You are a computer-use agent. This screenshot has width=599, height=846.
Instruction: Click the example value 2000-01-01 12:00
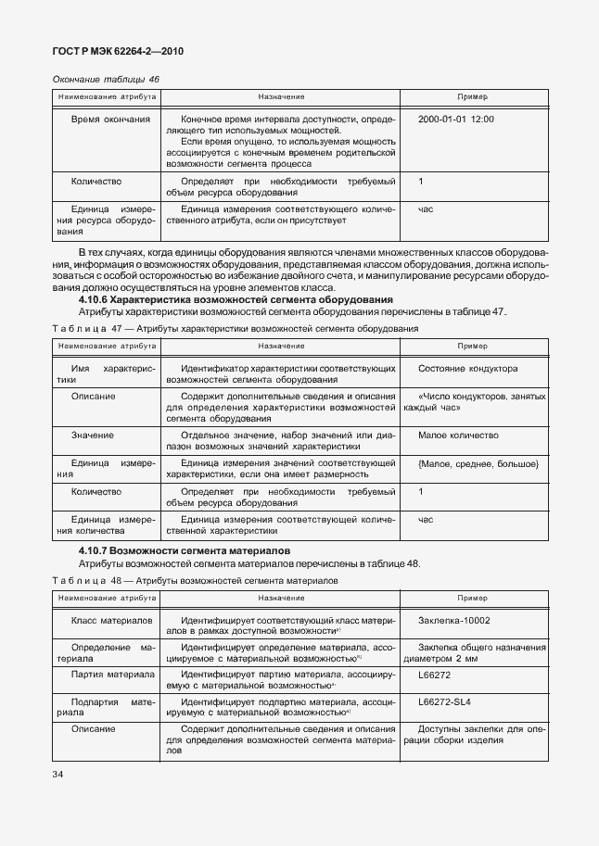pos(456,120)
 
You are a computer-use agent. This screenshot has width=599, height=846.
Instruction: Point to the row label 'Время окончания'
pos(110,120)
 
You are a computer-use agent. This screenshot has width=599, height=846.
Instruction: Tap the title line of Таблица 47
pos(235,328)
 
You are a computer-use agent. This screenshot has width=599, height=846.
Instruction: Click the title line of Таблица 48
pos(196,580)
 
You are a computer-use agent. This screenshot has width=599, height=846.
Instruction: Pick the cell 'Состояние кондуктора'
pos(467,369)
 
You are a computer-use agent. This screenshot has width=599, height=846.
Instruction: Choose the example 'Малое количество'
pos(458,436)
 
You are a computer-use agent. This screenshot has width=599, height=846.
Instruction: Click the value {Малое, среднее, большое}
pos(478,462)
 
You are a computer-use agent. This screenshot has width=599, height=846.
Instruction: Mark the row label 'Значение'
pos(93,436)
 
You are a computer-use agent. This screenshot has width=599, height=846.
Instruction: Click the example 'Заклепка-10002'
pos(454,621)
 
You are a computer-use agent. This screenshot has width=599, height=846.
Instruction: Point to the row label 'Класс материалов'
pos(111,621)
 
